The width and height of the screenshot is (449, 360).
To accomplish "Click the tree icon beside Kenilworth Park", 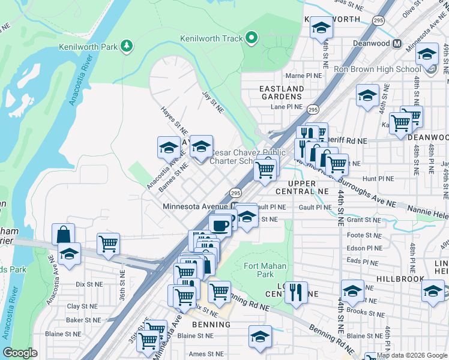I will pos(127,46).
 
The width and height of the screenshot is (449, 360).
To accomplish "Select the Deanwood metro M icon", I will pos(397,43).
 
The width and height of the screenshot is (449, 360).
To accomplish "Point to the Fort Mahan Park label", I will pos(265,270).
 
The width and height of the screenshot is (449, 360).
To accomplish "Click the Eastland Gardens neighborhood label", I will pos(281,92).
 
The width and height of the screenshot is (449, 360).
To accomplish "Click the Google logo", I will pos(20,353).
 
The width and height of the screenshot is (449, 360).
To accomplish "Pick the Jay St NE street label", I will pos(212,100).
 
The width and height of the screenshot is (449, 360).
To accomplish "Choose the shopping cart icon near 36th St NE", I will pos(109,244).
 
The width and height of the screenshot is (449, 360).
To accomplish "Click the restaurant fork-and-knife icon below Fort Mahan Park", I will pos(295,292).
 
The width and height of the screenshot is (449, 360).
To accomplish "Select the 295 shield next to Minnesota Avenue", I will pos(235,193).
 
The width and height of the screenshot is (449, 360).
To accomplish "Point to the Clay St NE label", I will pos(82,306).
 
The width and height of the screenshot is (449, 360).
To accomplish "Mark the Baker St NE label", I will pos(83,320).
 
